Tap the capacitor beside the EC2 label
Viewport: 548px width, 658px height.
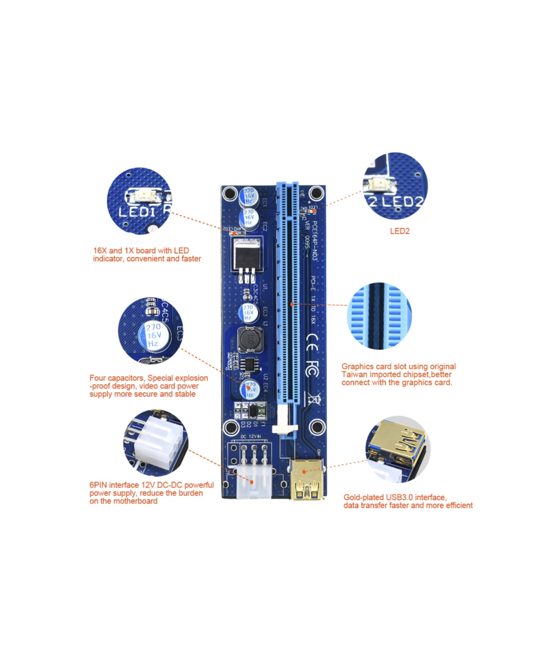249,218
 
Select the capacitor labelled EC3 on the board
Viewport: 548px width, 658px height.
248,313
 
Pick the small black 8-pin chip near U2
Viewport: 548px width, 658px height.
251,364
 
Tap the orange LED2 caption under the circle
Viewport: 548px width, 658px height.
399,231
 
